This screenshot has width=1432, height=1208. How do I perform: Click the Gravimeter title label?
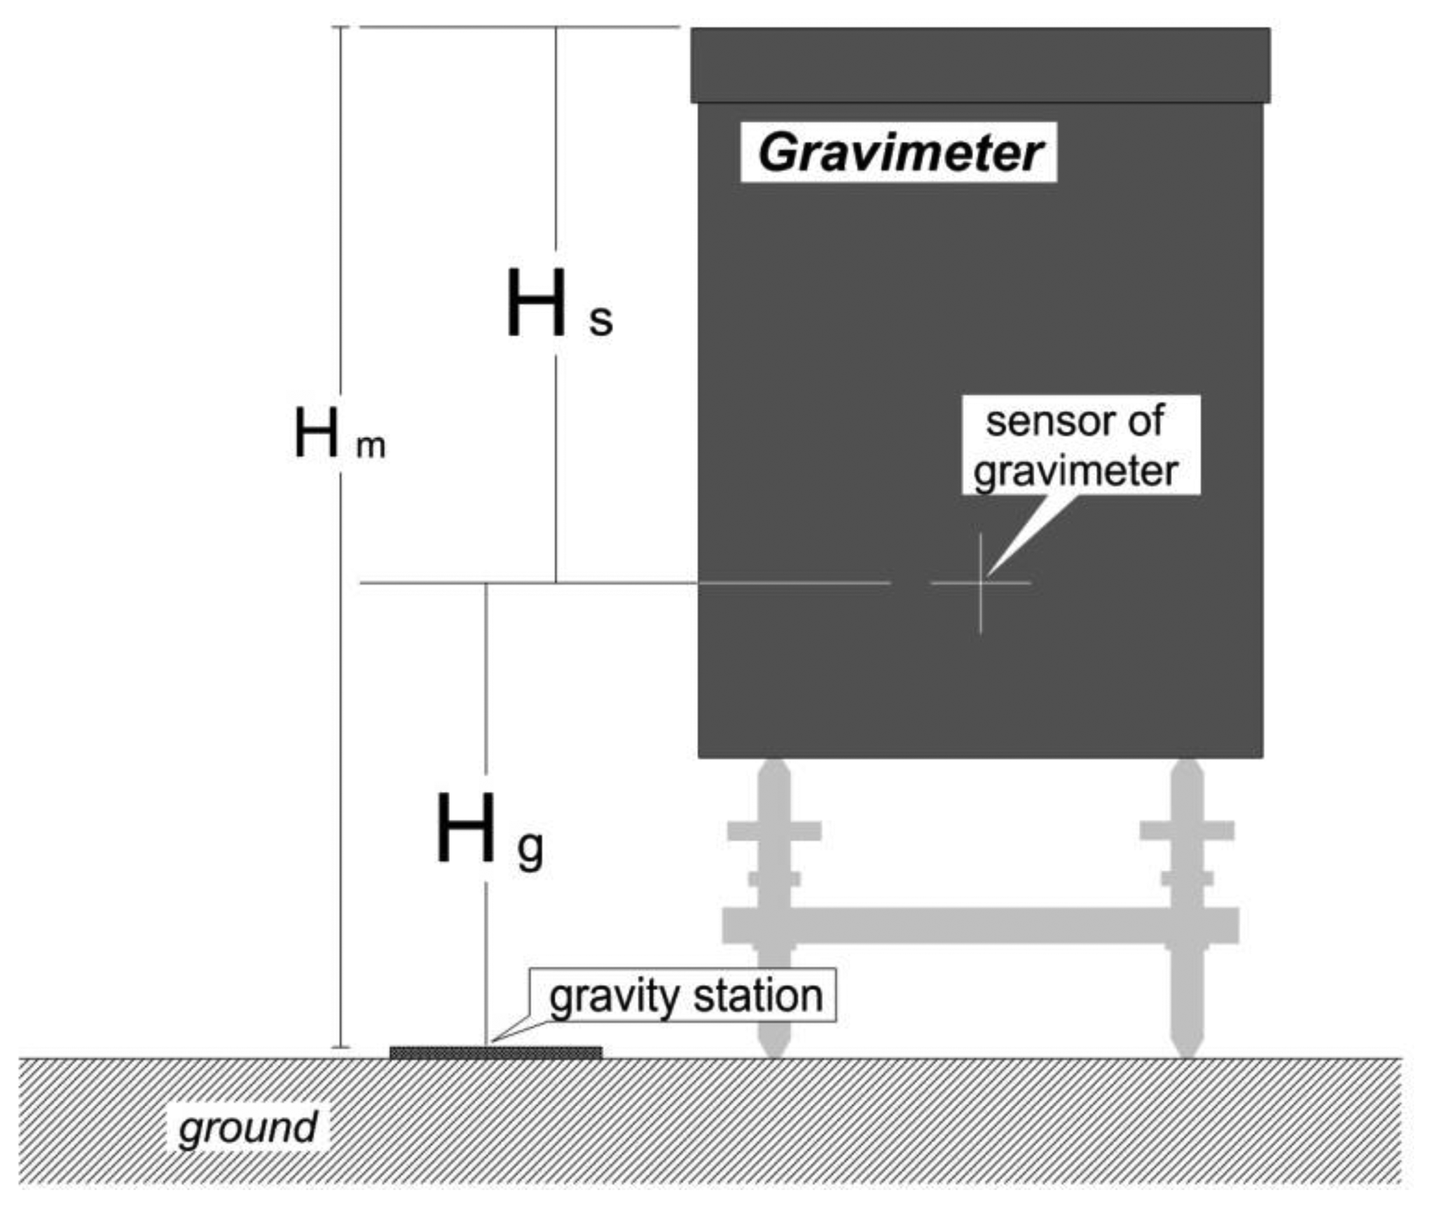[x=899, y=153]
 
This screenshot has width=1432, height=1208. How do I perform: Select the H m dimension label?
[x=339, y=436]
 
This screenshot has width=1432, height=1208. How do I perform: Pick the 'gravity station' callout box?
[x=683, y=996]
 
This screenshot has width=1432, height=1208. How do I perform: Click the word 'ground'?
[x=247, y=1127]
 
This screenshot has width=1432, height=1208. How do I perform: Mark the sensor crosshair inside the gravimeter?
[x=980, y=583]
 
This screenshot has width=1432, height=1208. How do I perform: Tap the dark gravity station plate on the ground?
[x=495, y=1052]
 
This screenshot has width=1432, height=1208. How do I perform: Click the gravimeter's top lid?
[x=980, y=65]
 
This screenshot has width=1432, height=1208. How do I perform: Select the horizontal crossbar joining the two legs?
[x=980, y=925]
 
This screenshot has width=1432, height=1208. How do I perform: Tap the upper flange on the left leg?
[x=774, y=831]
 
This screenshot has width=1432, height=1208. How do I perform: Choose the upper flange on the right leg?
[x=1187, y=831]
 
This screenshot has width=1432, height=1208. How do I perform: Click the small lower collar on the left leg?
[x=774, y=879]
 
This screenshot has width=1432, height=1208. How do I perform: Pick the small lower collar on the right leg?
[x=1187, y=879]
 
